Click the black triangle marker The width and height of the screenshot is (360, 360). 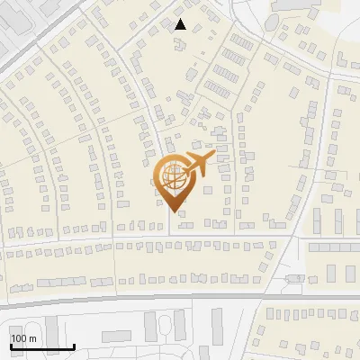181,24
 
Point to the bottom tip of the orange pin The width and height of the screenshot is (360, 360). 174,211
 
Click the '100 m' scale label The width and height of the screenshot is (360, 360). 23,338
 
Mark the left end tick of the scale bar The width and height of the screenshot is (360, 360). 11,346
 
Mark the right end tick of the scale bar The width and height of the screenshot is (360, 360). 74,346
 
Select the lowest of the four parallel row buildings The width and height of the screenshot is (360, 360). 217,88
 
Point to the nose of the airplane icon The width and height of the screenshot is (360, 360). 214,157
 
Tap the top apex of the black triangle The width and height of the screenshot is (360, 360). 181,19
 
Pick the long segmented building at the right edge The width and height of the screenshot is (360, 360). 334,247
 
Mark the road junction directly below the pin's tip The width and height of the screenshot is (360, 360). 174,235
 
